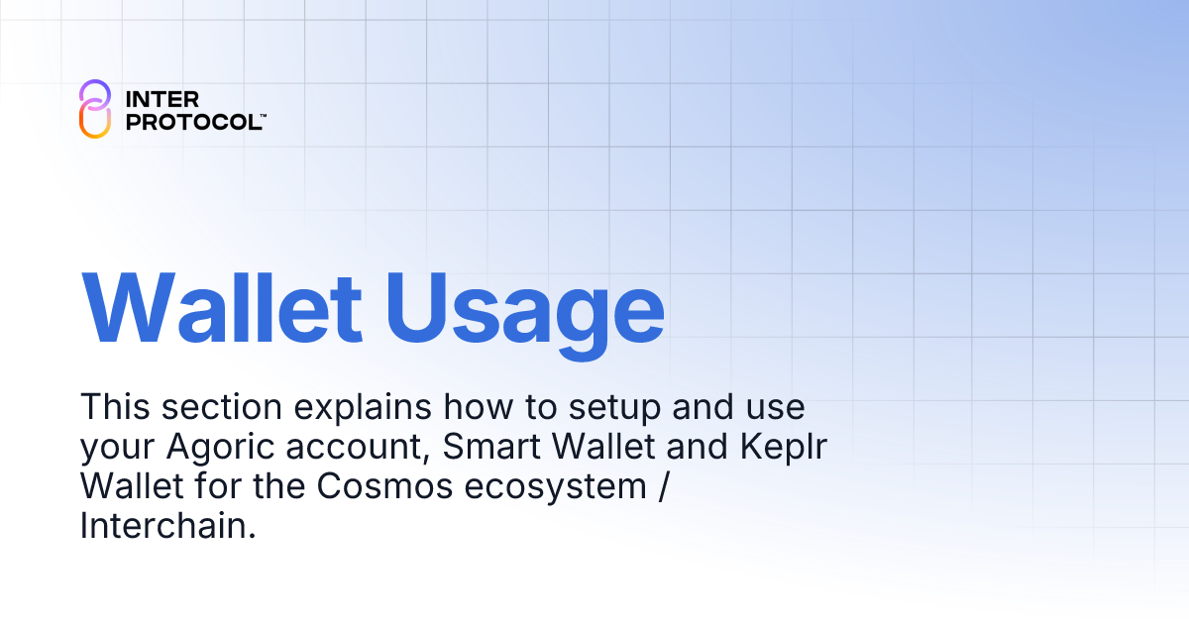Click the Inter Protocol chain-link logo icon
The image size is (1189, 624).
94,109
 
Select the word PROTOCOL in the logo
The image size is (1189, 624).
191,121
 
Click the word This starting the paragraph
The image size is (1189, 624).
115,406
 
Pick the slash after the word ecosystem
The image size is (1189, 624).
657,486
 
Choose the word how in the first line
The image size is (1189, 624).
479,406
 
